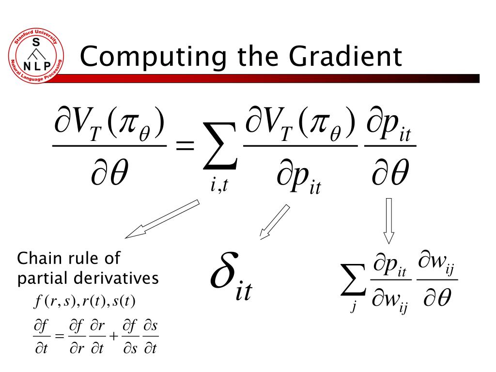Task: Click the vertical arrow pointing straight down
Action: point(388,220)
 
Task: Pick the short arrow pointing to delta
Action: point(274,222)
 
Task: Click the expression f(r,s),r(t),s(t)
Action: point(84,302)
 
